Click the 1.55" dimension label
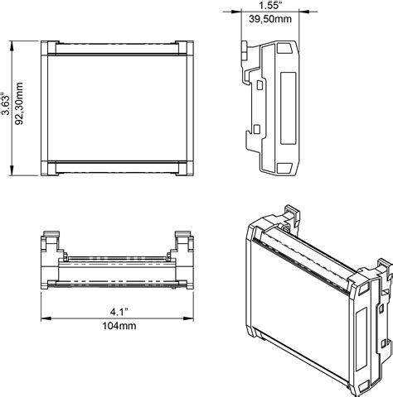269,5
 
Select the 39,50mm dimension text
270,19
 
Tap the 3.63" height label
6,103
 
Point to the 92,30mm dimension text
19,103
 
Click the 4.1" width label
119,312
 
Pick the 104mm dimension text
119,326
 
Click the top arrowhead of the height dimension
12,45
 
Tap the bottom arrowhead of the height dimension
12,170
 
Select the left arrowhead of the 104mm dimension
46,318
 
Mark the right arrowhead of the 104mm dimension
188,318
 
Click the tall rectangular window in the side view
289,108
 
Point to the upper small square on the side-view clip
260,84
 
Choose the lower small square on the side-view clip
257,129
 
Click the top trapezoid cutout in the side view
285,48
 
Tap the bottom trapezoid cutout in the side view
284,168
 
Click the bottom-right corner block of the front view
185,168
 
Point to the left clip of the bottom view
51,242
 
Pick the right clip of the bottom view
183,242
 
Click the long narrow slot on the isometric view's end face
361,339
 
